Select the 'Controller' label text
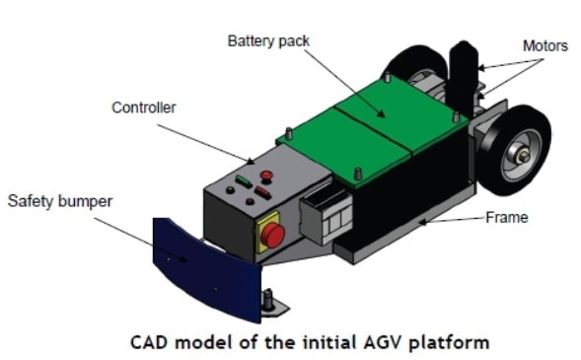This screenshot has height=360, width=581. coord(143,108)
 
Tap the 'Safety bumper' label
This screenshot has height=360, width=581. coord(60,201)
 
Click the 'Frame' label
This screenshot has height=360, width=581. coord(509,217)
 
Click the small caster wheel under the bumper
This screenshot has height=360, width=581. coord(268,302)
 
